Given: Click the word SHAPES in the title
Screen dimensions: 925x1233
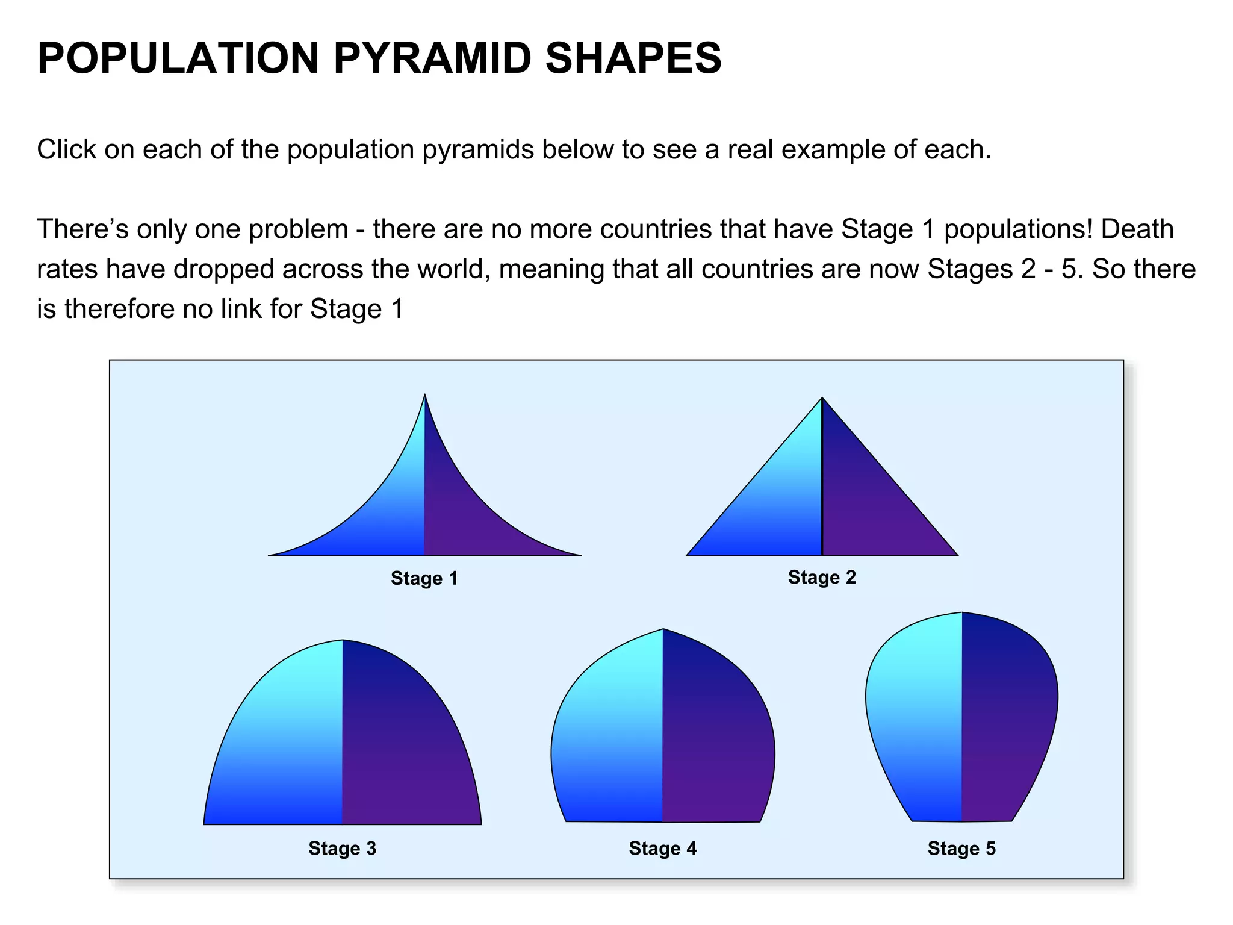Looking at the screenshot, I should click(x=633, y=58).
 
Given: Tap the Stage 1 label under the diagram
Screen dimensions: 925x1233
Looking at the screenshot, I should click(x=424, y=579).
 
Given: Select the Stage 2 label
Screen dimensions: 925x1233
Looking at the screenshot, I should click(x=822, y=578).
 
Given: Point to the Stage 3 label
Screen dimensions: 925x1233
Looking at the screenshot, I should click(x=342, y=849).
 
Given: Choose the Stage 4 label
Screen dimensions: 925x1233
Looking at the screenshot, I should click(x=662, y=849).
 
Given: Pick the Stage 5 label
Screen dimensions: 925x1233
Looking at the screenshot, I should click(x=961, y=849).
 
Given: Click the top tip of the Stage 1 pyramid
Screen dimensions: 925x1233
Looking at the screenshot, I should click(x=425, y=396).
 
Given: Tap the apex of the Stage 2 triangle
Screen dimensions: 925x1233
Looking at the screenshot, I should click(x=822, y=399).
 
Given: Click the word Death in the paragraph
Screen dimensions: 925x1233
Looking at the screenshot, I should click(x=1137, y=229).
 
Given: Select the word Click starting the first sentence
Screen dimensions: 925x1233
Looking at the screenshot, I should click(x=66, y=149).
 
